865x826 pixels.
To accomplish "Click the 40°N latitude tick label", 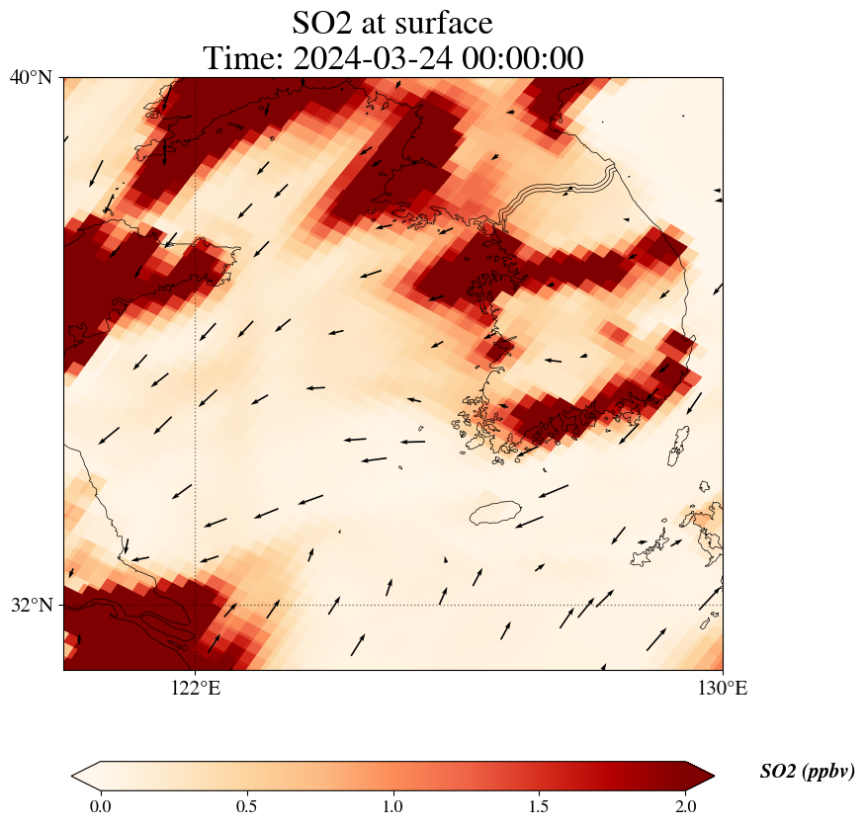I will click(x=31, y=77).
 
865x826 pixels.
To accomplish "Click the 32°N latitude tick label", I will click(x=31, y=605).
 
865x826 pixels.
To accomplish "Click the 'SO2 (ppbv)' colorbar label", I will click(x=807, y=772).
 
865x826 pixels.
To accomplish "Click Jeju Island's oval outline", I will click(x=495, y=513).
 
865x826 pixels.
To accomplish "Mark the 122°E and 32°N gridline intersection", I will click(x=196, y=605).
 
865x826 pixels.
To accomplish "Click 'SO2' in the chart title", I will click(x=322, y=22).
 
